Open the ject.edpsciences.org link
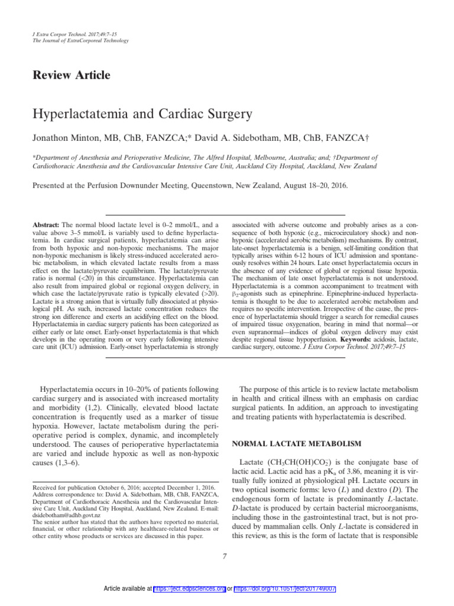click(189, 589)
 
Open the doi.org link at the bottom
click(286, 589)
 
